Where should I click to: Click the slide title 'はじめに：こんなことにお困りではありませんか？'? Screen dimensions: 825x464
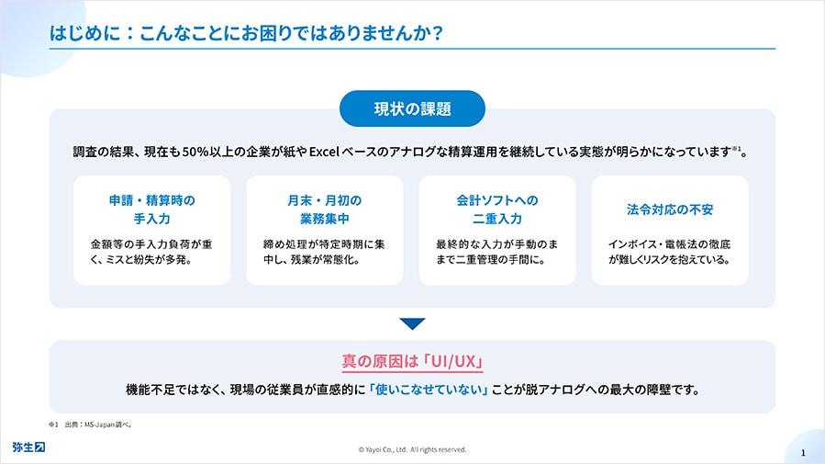tap(246, 33)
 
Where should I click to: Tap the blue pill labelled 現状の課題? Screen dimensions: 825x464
tap(412, 108)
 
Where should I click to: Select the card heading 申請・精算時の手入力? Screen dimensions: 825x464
tap(152, 209)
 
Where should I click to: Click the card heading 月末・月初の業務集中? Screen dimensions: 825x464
tap(325, 209)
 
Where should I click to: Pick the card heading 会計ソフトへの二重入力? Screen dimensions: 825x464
tap(497, 209)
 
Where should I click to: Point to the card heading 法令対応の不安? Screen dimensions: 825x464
tap(670, 209)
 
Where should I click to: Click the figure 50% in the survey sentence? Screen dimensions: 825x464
tap(195, 153)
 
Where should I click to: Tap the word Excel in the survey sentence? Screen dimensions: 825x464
tap(324, 153)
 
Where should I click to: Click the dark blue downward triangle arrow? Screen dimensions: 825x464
tap(412, 323)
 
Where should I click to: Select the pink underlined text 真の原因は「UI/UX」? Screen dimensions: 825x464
tap(412, 361)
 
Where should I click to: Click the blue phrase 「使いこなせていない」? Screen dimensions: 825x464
tap(429, 390)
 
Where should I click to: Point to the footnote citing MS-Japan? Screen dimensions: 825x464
tap(90, 424)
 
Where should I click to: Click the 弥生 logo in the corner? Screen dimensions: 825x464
tap(29, 447)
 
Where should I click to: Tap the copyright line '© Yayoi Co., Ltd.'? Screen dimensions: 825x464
tap(412, 450)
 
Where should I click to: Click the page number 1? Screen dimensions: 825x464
tap(803, 452)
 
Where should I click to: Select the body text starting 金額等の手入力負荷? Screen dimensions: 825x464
tap(151, 252)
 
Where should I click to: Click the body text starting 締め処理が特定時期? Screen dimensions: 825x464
tap(324, 252)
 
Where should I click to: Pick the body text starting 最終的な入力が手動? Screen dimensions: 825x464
tap(496, 252)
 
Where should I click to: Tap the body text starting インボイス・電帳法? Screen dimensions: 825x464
tap(669, 252)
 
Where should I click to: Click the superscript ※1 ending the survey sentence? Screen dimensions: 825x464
tap(737, 149)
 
